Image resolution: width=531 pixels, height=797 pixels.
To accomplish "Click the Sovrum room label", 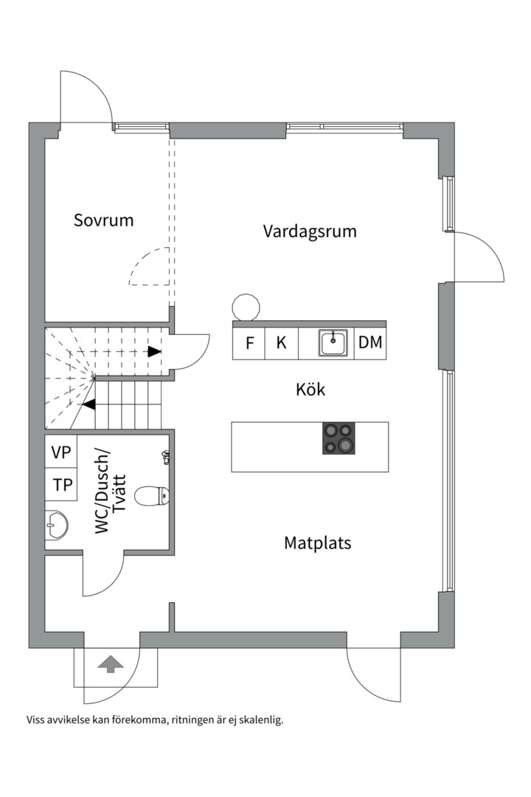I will click(103, 220).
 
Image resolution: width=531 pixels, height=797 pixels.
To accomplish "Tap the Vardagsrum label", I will click(310, 231).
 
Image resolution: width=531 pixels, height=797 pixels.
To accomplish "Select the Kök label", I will click(310, 389).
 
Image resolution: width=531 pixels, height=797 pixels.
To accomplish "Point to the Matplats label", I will click(317, 543).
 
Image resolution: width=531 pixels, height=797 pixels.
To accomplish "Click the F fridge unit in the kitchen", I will click(249, 343).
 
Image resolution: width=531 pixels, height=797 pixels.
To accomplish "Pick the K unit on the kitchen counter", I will click(281, 343).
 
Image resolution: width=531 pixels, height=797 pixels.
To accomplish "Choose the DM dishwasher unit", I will click(369, 343).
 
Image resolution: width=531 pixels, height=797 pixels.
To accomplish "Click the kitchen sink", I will click(333, 342).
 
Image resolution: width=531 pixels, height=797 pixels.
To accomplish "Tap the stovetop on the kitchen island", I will click(339, 438).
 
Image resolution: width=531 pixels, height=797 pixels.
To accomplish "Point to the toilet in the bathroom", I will click(154, 496).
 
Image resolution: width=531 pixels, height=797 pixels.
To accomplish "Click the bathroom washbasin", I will click(56, 525).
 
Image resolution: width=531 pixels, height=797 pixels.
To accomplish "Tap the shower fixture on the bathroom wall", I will click(166, 457).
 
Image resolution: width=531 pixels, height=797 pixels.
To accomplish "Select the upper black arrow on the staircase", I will click(154, 351).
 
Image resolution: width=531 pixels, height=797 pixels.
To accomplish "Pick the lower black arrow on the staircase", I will click(88, 404).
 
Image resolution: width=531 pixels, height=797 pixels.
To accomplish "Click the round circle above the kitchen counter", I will click(246, 308).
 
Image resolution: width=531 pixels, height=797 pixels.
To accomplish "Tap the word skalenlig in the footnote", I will click(258, 720).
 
